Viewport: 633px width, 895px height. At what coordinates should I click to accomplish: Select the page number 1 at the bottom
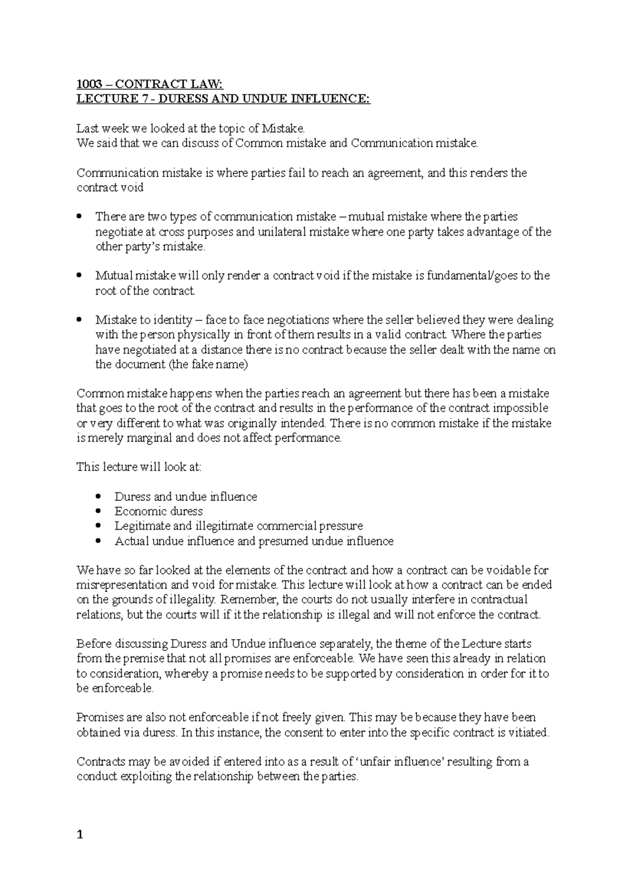[80, 834]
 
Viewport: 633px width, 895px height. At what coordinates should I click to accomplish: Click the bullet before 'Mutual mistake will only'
[79, 276]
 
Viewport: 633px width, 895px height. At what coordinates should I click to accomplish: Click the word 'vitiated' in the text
[529, 732]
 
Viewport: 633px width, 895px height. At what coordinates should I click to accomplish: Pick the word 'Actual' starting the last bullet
[132, 541]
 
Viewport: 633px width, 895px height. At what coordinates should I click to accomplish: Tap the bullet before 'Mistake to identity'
[79, 320]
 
